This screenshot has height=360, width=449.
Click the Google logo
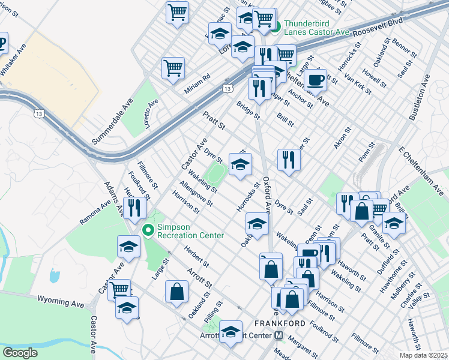20,353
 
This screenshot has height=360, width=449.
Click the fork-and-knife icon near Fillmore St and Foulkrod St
134,208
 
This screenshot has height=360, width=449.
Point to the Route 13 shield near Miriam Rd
228,89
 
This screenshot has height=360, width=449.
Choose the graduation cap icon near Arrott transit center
231,332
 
